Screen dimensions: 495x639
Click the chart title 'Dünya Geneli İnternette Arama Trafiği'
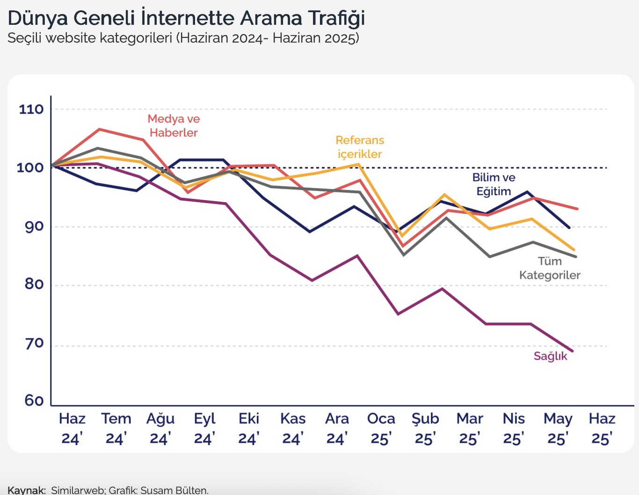click(186, 18)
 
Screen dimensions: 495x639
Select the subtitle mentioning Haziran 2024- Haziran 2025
click(183, 38)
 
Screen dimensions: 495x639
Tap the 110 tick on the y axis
click(31, 109)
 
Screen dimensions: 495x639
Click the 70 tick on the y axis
click(34, 343)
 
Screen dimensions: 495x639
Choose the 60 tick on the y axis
click(34, 401)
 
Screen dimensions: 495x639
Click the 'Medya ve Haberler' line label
click(174, 126)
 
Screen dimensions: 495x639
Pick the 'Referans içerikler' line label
click(360, 147)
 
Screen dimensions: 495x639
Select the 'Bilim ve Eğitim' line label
click(494, 184)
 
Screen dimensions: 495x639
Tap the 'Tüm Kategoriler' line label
click(550, 268)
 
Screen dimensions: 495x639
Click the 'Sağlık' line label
click(550, 357)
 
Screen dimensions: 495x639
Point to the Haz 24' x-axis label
click(72, 428)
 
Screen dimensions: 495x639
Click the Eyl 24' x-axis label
click(204, 428)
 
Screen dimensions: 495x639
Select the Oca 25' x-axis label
click(381, 428)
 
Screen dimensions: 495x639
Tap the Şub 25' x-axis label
click(425, 428)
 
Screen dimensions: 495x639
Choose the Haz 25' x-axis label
click(602, 428)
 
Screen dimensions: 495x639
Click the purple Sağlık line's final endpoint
click(572, 351)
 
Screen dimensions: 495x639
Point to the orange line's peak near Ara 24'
click(359, 164)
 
